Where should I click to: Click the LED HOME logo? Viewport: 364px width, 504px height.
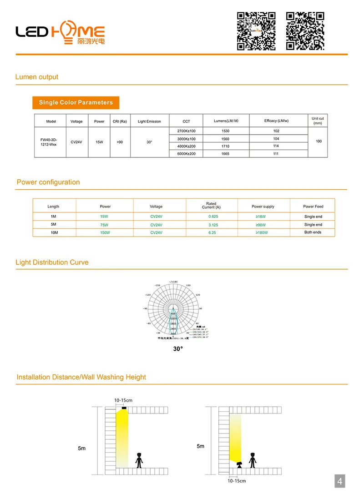[x=60, y=32]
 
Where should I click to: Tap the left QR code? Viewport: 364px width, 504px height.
[x=256, y=31]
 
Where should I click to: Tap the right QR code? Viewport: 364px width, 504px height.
[x=305, y=31]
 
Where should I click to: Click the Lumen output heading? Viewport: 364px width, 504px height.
[x=37, y=77]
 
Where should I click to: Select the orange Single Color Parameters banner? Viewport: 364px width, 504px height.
[x=76, y=102]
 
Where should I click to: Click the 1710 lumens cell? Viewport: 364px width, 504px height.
[x=226, y=146]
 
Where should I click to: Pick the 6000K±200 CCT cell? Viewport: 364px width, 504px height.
[x=186, y=154]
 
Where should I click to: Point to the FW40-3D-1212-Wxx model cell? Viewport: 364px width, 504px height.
[x=50, y=142]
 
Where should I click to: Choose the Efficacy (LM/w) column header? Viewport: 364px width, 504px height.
[x=276, y=121]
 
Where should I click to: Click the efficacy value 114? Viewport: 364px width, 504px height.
[x=276, y=146]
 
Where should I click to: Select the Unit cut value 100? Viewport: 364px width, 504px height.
[x=318, y=141]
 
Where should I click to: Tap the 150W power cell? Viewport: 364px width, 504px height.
[x=105, y=232]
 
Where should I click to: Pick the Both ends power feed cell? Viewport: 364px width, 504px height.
[x=313, y=232]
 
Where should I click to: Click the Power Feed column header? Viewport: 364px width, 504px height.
[x=313, y=207]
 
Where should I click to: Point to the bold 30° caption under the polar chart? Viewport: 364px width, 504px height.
[x=178, y=349]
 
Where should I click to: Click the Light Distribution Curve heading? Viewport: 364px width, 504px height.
[x=52, y=262]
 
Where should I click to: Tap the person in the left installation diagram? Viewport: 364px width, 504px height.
[x=139, y=460]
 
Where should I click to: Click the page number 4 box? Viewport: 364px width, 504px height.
[x=339, y=481]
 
